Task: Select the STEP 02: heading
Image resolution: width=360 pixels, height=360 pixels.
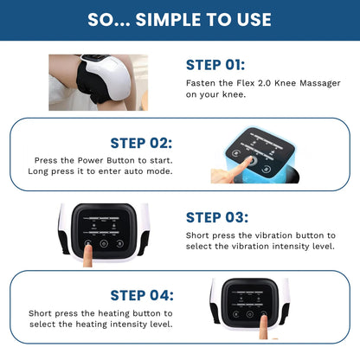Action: tap(141, 143)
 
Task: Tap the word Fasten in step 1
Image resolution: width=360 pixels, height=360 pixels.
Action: tap(200, 84)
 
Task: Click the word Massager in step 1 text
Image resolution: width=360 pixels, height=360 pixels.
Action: tap(310, 84)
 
